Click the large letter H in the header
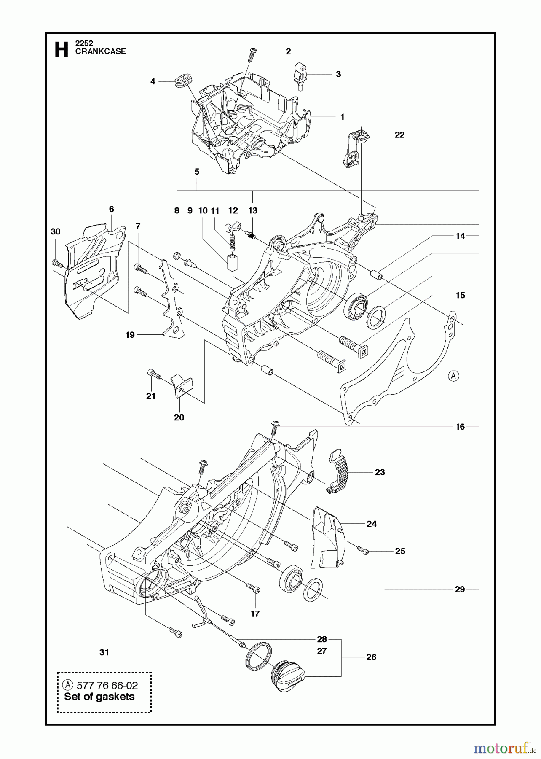pos(62,49)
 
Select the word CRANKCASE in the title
pos(100,51)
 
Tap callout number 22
pos(399,135)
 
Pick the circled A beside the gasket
pos(453,375)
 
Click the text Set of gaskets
pos(99,697)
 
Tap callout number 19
pos(130,335)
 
